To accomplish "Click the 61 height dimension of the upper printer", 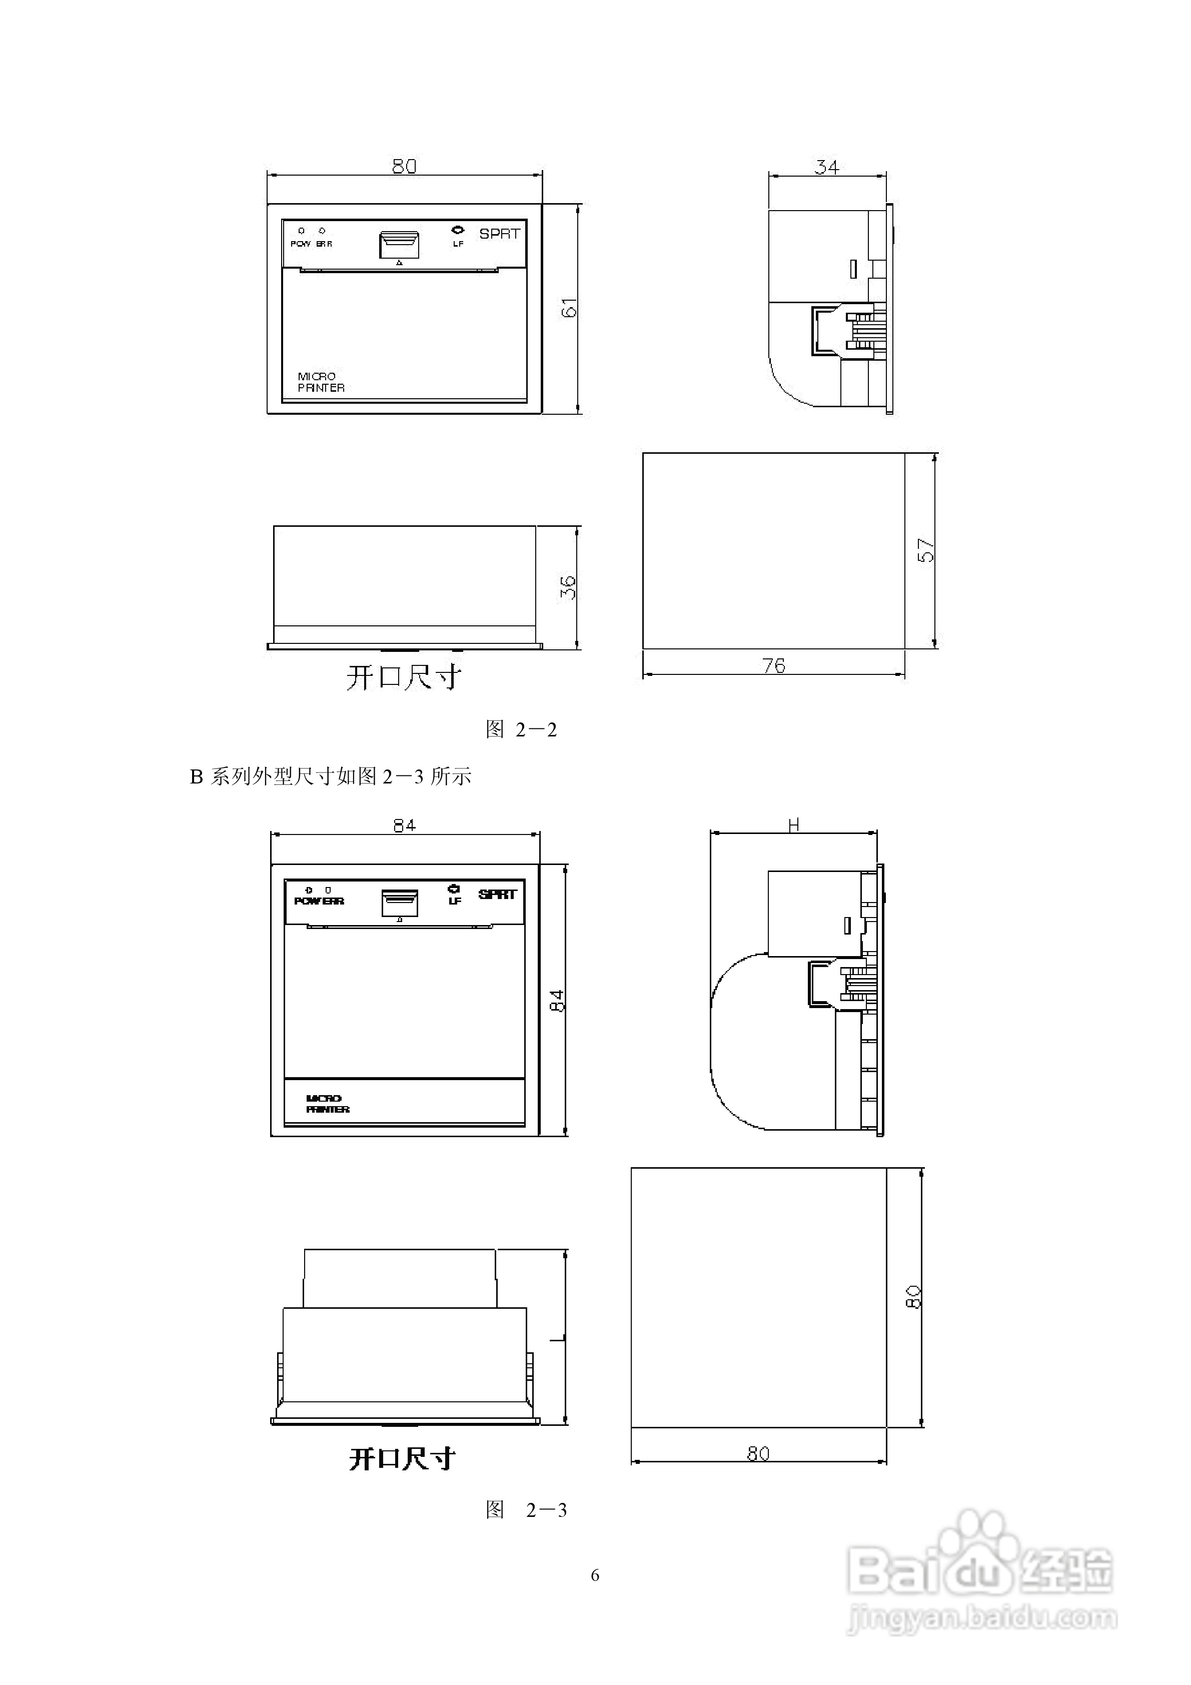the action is [569, 308].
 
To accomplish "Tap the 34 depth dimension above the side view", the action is [826, 167].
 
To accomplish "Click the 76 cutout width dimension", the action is [773, 665].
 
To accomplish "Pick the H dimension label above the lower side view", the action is [793, 825].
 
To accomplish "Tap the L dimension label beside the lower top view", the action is [558, 1337].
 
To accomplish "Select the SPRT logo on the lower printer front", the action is [498, 894].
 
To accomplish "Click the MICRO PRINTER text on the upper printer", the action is [321, 382].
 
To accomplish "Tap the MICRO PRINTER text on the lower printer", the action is [327, 1104].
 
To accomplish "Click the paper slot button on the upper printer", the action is [399, 244].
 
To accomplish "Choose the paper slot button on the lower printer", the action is [400, 903].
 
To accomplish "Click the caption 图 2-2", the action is [521, 729].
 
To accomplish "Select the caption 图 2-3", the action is [526, 1509].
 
